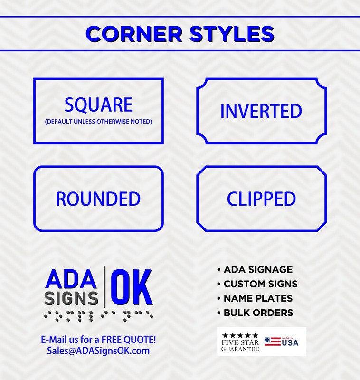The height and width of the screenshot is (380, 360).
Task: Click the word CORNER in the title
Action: (134, 34)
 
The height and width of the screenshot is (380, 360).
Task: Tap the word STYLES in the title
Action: (232, 34)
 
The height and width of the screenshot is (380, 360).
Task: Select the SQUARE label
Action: (98, 104)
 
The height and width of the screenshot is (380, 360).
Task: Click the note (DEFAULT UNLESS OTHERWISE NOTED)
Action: (98, 122)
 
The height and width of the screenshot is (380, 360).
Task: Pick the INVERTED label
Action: (261, 111)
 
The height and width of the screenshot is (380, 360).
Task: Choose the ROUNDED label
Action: (98, 199)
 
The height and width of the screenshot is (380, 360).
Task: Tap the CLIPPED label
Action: (261, 199)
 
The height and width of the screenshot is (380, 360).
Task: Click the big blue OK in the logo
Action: (132, 287)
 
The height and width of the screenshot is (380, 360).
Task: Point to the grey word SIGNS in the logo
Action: (71, 298)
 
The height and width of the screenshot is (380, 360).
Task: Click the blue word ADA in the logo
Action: (71, 279)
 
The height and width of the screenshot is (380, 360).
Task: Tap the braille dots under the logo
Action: (98, 316)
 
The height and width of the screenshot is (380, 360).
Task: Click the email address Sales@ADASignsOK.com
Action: (98, 351)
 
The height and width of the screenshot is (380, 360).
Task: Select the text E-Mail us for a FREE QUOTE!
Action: (98, 340)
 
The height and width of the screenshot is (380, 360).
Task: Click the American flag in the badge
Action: (273, 342)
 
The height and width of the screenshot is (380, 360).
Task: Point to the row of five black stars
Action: (240, 335)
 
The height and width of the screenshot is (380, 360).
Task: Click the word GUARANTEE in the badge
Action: (240, 349)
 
